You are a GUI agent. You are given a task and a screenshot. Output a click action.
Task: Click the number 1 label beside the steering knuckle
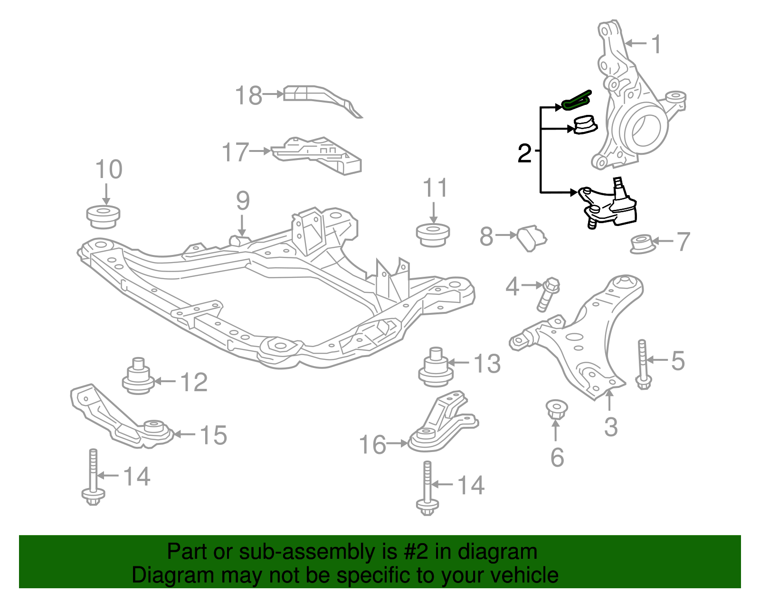click(x=656, y=45)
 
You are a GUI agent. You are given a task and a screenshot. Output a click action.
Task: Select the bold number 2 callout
click(x=524, y=153)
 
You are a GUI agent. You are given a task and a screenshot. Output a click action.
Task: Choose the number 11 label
click(x=435, y=188)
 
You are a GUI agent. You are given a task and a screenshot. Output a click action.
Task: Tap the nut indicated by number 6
click(x=556, y=409)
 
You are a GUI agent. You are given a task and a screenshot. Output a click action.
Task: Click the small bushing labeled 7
click(x=641, y=244)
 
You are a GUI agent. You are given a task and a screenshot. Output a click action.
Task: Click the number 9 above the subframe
click(x=243, y=201)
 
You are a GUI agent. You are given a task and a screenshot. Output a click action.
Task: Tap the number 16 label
click(x=373, y=445)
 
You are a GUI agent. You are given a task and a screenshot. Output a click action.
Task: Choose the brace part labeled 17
click(x=317, y=155)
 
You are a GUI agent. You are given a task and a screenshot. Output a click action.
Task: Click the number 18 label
click(x=249, y=95)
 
